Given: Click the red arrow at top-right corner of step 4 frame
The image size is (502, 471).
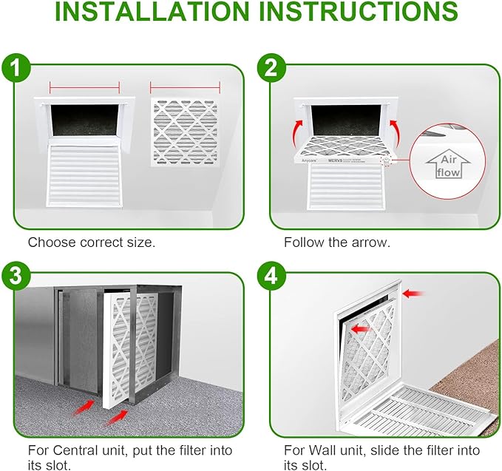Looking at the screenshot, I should [414, 294].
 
